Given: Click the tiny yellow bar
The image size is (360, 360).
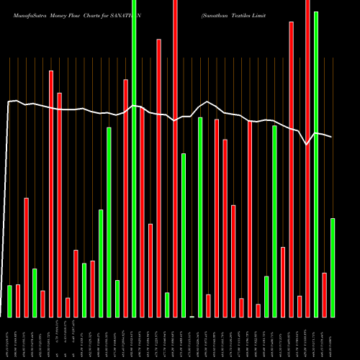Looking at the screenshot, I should point(192,316).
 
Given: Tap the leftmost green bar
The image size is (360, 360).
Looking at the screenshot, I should point(9,301).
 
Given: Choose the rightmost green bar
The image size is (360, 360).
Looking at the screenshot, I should point(333,267).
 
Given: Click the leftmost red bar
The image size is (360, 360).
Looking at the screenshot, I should point(18,300).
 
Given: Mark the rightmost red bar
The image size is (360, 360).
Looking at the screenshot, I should point(325,294).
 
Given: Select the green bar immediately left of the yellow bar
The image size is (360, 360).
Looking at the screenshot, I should point(184,235).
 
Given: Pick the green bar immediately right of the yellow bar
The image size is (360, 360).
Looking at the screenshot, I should point(200,217).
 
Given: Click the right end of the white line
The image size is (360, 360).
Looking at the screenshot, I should point(332,137).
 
